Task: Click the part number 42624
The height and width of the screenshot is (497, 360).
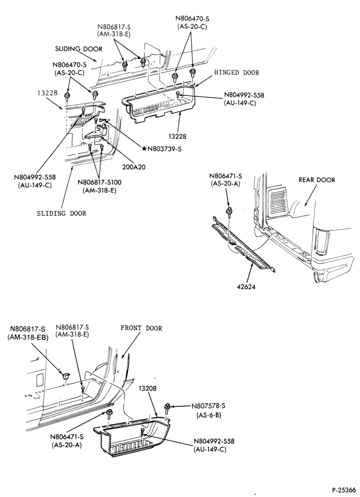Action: [246, 287]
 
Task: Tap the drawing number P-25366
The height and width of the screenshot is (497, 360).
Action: [344, 490]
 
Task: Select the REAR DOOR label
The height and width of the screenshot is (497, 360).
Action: [317, 180]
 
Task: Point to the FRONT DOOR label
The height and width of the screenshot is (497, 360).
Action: [141, 328]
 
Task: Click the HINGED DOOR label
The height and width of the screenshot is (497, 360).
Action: [237, 73]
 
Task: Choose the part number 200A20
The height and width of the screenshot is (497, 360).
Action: [134, 166]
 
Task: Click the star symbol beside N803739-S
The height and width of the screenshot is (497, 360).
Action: [144, 148]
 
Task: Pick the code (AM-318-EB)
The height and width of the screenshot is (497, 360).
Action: [27, 337]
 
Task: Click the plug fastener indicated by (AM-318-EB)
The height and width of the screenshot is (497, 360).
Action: [66, 376]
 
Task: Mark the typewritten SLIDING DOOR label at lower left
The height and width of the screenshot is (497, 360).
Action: [62, 213]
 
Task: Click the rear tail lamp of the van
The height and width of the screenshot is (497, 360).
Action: [318, 240]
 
